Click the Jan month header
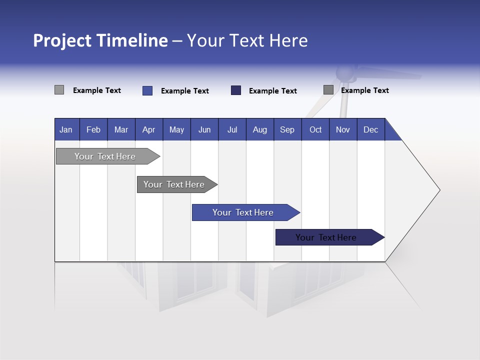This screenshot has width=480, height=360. click(66, 129)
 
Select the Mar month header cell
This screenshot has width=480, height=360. click(121, 129)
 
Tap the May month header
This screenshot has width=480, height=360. click(176, 129)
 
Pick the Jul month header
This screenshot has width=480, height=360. click(232, 129)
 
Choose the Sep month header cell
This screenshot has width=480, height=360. click(287, 129)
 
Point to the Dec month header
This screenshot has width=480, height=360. click(370, 129)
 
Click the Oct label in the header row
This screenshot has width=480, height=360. click(315, 129)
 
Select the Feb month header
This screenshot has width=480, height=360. click(93, 129)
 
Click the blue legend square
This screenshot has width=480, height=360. click(147, 90)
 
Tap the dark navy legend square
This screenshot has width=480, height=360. click(236, 90)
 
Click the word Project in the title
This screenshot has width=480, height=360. click(62, 40)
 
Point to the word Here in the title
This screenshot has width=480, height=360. click(288, 40)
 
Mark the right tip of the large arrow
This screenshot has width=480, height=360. click(439, 190)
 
